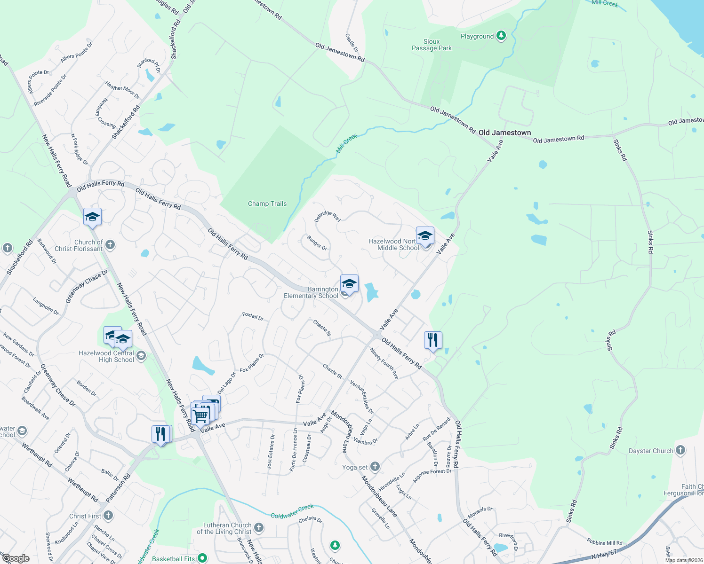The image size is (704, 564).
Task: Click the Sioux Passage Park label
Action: [432, 45]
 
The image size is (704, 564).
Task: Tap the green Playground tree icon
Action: [501, 36]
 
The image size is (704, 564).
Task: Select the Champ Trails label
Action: [267, 204]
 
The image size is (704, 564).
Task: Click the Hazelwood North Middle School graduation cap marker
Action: [425, 235]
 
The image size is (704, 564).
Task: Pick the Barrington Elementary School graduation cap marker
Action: [349, 283]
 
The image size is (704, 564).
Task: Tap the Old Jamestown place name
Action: [504, 133]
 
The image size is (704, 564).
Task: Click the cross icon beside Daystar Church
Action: [680, 450]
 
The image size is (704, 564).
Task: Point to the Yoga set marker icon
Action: [375, 467]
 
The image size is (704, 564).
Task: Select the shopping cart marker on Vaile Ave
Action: [201, 415]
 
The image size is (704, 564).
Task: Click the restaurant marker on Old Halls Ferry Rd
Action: [433, 340]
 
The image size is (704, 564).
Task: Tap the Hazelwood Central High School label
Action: [106, 356]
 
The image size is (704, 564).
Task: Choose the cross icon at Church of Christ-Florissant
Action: [110, 244]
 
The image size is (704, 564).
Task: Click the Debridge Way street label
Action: [328, 216]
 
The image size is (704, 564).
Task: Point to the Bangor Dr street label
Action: [317, 243]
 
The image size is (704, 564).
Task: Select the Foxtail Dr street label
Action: [253, 316]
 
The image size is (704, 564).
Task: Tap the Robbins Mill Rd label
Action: [605, 542]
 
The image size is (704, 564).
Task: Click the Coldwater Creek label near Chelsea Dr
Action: [292, 511]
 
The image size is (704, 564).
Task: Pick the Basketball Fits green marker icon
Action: [202, 558]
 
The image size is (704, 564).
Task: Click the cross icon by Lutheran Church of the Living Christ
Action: [259, 527]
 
